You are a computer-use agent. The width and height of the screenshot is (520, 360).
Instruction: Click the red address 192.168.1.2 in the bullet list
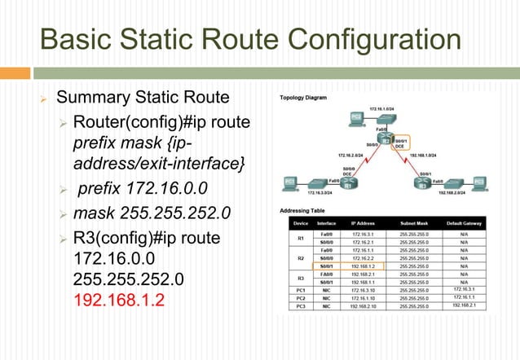point(119,299)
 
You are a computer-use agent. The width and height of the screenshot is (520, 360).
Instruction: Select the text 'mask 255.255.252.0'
point(152,214)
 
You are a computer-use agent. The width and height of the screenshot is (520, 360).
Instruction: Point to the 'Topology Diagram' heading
point(303,97)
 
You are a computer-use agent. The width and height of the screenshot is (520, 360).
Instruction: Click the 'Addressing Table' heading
point(299,210)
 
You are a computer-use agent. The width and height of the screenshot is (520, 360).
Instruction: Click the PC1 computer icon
point(289,181)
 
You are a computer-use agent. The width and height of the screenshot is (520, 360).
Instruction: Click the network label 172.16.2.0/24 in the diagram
point(351,155)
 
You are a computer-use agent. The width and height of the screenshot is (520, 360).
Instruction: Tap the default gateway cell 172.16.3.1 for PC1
point(464,288)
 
